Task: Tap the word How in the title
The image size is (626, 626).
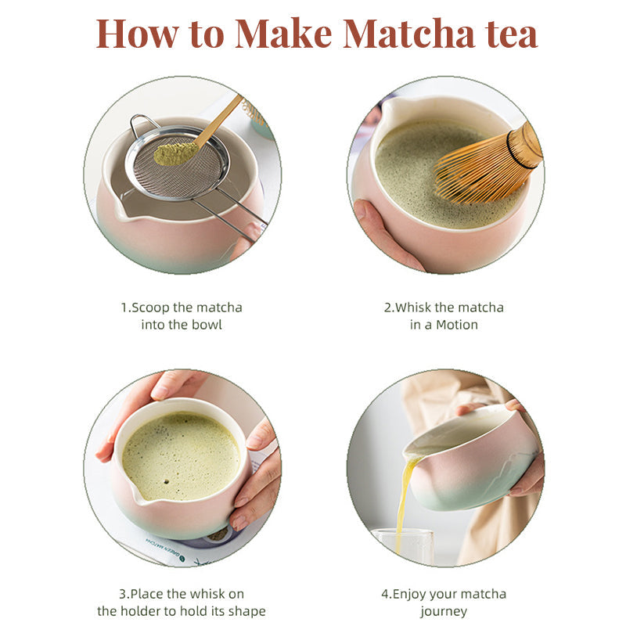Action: coord(132,34)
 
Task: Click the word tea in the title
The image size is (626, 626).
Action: coord(508,34)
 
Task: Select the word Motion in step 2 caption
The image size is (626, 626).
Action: coord(458,324)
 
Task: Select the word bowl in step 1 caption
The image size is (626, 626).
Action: coord(206,324)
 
